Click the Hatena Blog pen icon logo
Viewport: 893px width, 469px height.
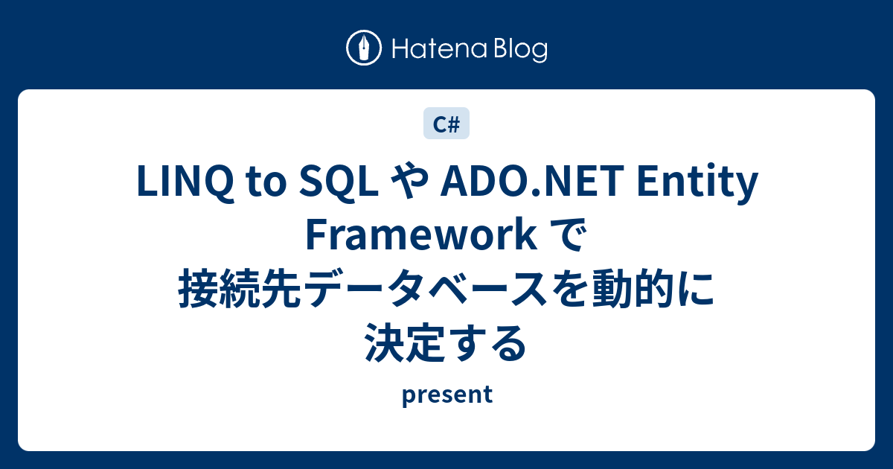[364, 48]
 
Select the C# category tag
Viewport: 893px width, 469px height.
[446, 124]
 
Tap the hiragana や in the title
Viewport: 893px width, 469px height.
[408, 185]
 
